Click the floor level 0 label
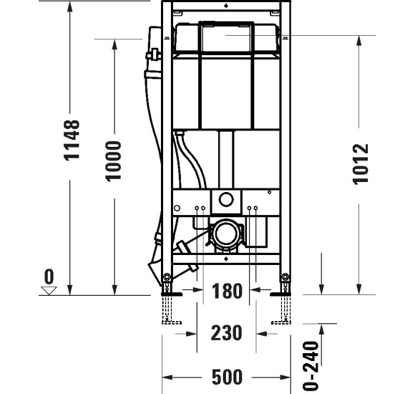coord(49,275)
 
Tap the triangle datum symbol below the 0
coord(49,290)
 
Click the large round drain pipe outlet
coord(227,234)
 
